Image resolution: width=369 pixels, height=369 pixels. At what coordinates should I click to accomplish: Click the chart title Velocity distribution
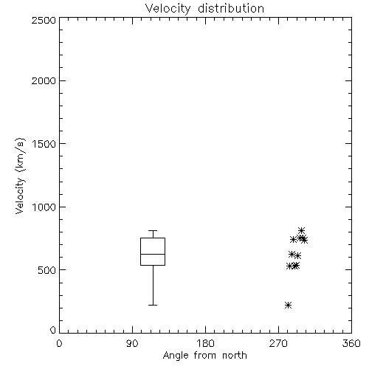[x=204, y=9]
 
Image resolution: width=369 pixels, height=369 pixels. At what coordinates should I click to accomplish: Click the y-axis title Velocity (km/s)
[x=20, y=176]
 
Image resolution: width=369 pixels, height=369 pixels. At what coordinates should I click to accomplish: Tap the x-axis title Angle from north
[x=204, y=356]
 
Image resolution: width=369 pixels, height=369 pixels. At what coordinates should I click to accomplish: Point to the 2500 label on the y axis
[x=44, y=20]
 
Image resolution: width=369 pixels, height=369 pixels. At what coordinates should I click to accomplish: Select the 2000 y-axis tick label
[x=44, y=80]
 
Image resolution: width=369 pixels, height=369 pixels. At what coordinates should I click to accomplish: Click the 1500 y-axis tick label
[x=44, y=144]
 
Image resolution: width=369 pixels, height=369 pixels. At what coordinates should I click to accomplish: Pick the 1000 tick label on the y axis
[x=44, y=207]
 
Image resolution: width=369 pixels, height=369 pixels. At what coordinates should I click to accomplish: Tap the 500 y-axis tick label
[x=47, y=270]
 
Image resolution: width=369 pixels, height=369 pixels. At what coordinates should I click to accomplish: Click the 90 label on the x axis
[x=132, y=343]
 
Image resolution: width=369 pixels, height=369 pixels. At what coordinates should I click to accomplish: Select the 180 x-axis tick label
[x=205, y=343]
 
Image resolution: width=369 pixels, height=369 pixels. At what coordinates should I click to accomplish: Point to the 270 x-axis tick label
[x=278, y=343]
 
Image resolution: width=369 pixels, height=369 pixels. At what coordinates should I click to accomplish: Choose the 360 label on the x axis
[x=351, y=343]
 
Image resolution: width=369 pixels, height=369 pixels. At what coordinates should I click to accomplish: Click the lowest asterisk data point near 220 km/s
[x=288, y=306]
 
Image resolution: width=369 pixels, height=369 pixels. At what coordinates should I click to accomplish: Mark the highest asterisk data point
[x=301, y=230]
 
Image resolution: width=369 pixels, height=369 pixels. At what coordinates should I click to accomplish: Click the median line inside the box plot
[x=153, y=254]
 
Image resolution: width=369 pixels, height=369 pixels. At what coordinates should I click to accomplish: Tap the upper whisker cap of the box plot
[x=153, y=230]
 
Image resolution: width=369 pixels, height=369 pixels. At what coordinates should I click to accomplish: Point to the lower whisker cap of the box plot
[x=153, y=305]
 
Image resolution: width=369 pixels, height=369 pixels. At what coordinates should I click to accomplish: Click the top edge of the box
[x=153, y=238]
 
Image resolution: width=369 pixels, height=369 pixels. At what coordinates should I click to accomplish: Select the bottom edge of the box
[x=153, y=265]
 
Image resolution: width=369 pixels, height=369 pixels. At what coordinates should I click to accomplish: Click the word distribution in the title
[x=231, y=9]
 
